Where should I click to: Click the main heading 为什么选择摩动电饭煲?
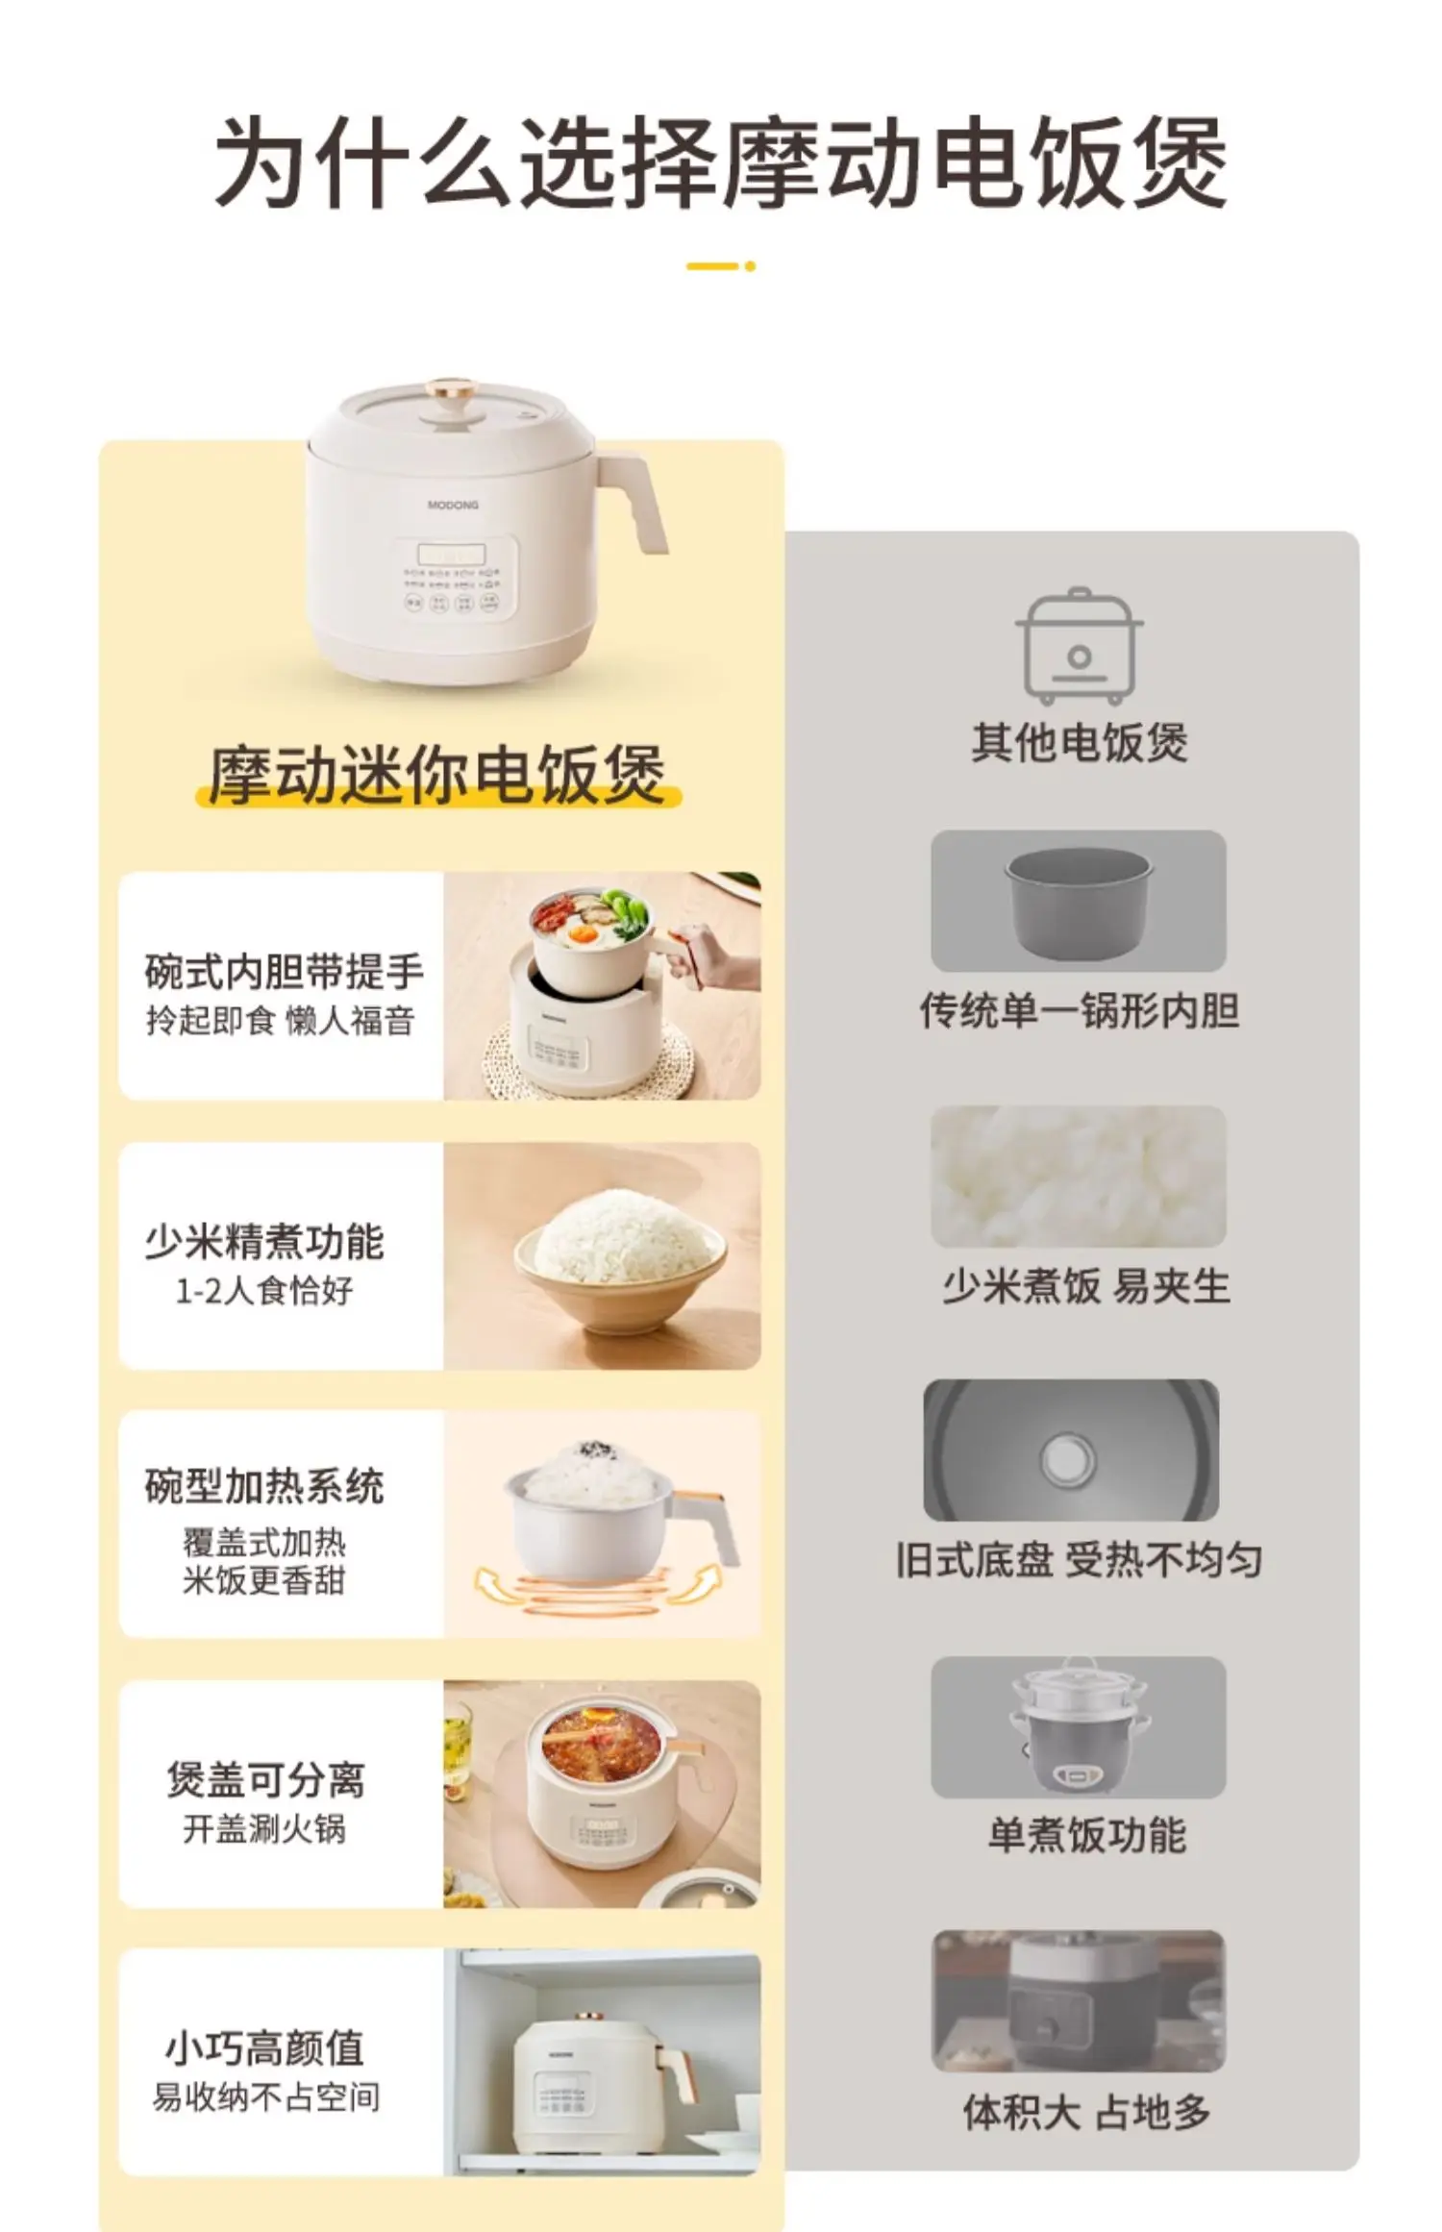[720, 162]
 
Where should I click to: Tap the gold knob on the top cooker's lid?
[452, 391]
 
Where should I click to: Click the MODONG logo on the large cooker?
[453, 505]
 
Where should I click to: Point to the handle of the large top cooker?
[638, 500]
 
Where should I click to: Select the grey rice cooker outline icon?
[1079, 646]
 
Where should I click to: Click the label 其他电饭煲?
[1079, 742]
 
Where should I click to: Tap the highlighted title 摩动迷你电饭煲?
[437, 775]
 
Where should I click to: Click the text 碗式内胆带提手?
[285, 971]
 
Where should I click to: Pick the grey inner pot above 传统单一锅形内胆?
[1079, 901]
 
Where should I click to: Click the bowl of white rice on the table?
[620, 1254]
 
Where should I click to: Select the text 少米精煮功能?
[264, 1241]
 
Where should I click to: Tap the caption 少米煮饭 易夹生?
[1085, 1286]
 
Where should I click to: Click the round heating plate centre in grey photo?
[1067, 1459]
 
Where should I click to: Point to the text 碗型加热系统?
[264, 1486]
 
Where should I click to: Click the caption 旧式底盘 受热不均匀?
[1079, 1559]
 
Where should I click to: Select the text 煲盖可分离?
[266, 1779]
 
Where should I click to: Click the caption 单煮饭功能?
[1086, 1835]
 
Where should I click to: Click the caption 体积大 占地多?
[1086, 2112]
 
